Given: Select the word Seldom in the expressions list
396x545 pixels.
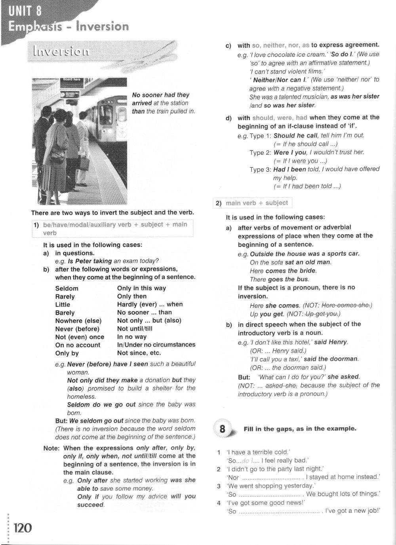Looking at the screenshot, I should pos(67,289).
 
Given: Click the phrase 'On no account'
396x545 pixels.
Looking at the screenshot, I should pos(78,345).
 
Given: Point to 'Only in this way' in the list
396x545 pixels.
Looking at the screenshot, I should pos(141,288).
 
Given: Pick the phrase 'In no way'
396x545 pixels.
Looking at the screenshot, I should pos(132,337).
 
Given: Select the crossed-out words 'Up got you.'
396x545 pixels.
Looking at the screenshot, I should pos(322,314).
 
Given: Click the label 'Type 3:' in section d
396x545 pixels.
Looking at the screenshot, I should pos(260,169).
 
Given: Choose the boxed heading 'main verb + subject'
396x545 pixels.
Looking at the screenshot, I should pos(257,203).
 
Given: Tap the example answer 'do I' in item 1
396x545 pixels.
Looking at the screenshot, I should pos(247,461).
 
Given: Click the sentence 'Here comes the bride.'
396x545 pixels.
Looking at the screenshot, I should pos(283,271).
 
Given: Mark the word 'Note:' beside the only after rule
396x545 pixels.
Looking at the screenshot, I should pos(51,448).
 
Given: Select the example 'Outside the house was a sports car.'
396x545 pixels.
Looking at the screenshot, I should pos(305,254).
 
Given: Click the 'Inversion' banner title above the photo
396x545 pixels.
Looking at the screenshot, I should pos(61,51).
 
